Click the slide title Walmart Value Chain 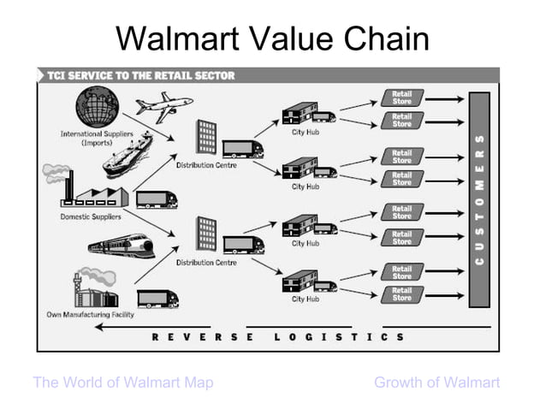click(x=272, y=38)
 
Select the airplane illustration click(x=163, y=107)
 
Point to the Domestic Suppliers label click(x=90, y=216)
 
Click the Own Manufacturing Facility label click(x=90, y=315)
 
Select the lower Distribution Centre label click(x=206, y=263)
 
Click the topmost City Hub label click(x=305, y=133)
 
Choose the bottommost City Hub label click(x=305, y=299)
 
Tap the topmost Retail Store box click(x=402, y=98)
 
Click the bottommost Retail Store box click(x=402, y=294)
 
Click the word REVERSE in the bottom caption click(x=202, y=337)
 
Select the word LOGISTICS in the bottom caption click(x=340, y=337)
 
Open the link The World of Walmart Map click(x=122, y=382)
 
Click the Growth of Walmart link click(x=436, y=382)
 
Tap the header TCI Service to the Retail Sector click(x=140, y=75)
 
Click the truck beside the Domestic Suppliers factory click(x=157, y=199)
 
